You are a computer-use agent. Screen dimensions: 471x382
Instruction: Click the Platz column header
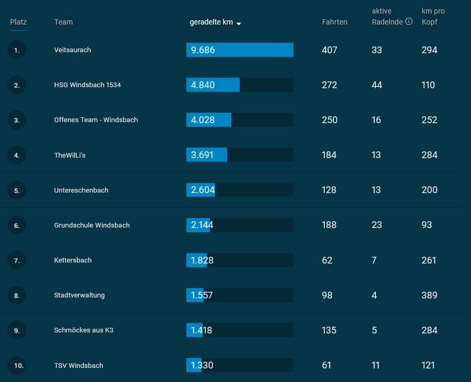[x=18, y=22]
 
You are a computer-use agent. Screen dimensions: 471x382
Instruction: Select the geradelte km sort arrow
[x=239, y=23]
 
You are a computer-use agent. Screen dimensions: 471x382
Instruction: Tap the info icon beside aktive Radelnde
[x=409, y=21]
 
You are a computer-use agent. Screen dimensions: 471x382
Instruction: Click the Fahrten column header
[x=335, y=22]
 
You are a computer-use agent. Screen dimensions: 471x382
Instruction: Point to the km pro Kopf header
[x=433, y=17]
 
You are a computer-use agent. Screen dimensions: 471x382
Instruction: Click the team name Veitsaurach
[x=73, y=50]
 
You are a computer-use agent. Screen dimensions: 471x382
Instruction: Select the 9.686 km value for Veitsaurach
[x=203, y=50]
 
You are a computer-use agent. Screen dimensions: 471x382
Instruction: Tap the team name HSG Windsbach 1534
[x=87, y=85]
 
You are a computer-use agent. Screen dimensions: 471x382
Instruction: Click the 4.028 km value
[x=203, y=120]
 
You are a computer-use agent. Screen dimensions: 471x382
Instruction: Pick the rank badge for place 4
[x=17, y=155]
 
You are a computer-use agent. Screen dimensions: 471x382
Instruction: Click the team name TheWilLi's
[x=69, y=156]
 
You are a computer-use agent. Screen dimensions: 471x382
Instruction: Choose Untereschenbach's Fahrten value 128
[x=329, y=190]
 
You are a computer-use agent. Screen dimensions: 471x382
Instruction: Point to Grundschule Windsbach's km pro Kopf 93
[x=427, y=225]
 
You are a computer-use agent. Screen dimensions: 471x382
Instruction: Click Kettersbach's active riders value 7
[x=374, y=260]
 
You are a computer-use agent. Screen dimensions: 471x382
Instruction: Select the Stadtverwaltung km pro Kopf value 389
[x=429, y=295]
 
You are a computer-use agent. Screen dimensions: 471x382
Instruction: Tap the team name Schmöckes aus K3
[x=84, y=330]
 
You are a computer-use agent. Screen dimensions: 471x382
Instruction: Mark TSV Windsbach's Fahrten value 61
[x=326, y=365]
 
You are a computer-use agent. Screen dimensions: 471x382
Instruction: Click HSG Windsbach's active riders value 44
[x=376, y=85]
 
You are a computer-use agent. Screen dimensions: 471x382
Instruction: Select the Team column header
[x=63, y=22]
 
